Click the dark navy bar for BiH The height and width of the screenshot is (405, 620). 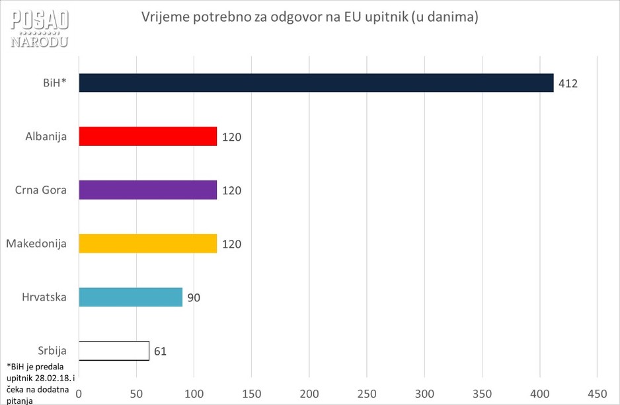pyautogui.click(x=316, y=83)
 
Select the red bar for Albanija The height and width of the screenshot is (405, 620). pyautogui.click(x=147, y=136)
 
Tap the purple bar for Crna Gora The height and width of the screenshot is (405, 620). pyautogui.click(x=147, y=190)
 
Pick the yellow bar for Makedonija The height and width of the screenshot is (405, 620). pyautogui.click(x=147, y=243)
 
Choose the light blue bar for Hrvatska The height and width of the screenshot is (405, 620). pyautogui.click(x=130, y=297)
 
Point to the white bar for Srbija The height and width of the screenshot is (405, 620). pyautogui.click(x=114, y=350)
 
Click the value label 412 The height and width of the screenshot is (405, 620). pyautogui.click(x=568, y=84)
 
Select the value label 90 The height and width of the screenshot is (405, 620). pyautogui.click(x=193, y=297)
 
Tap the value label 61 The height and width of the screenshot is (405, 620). pyautogui.click(x=159, y=351)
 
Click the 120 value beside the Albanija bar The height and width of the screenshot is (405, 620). pyautogui.click(x=231, y=137)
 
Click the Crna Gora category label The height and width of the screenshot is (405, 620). pyautogui.click(x=41, y=190)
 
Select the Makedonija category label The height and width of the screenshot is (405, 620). pyautogui.click(x=36, y=244)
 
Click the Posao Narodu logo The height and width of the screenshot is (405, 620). pyautogui.click(x=40, y=28)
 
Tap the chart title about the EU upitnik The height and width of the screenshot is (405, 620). pyautogui.click(x=309, y=18)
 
